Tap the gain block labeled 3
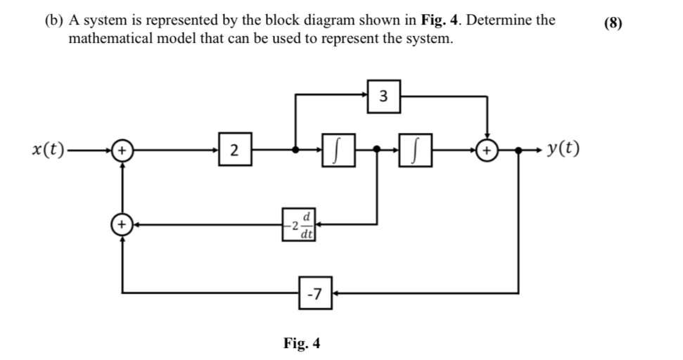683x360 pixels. pos(383,96)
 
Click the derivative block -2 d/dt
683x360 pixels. pos(299,224)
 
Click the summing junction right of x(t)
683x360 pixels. pos(122,150)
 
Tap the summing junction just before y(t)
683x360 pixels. pos(486,150)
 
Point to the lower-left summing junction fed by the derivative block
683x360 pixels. pos(122,224)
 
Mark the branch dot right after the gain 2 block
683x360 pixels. pos(295,150)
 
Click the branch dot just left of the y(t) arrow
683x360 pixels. pos(519,150)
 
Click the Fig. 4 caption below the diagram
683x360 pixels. pos(301,343)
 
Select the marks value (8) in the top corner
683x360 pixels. pos(613,22)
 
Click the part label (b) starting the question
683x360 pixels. pos(53,20)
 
